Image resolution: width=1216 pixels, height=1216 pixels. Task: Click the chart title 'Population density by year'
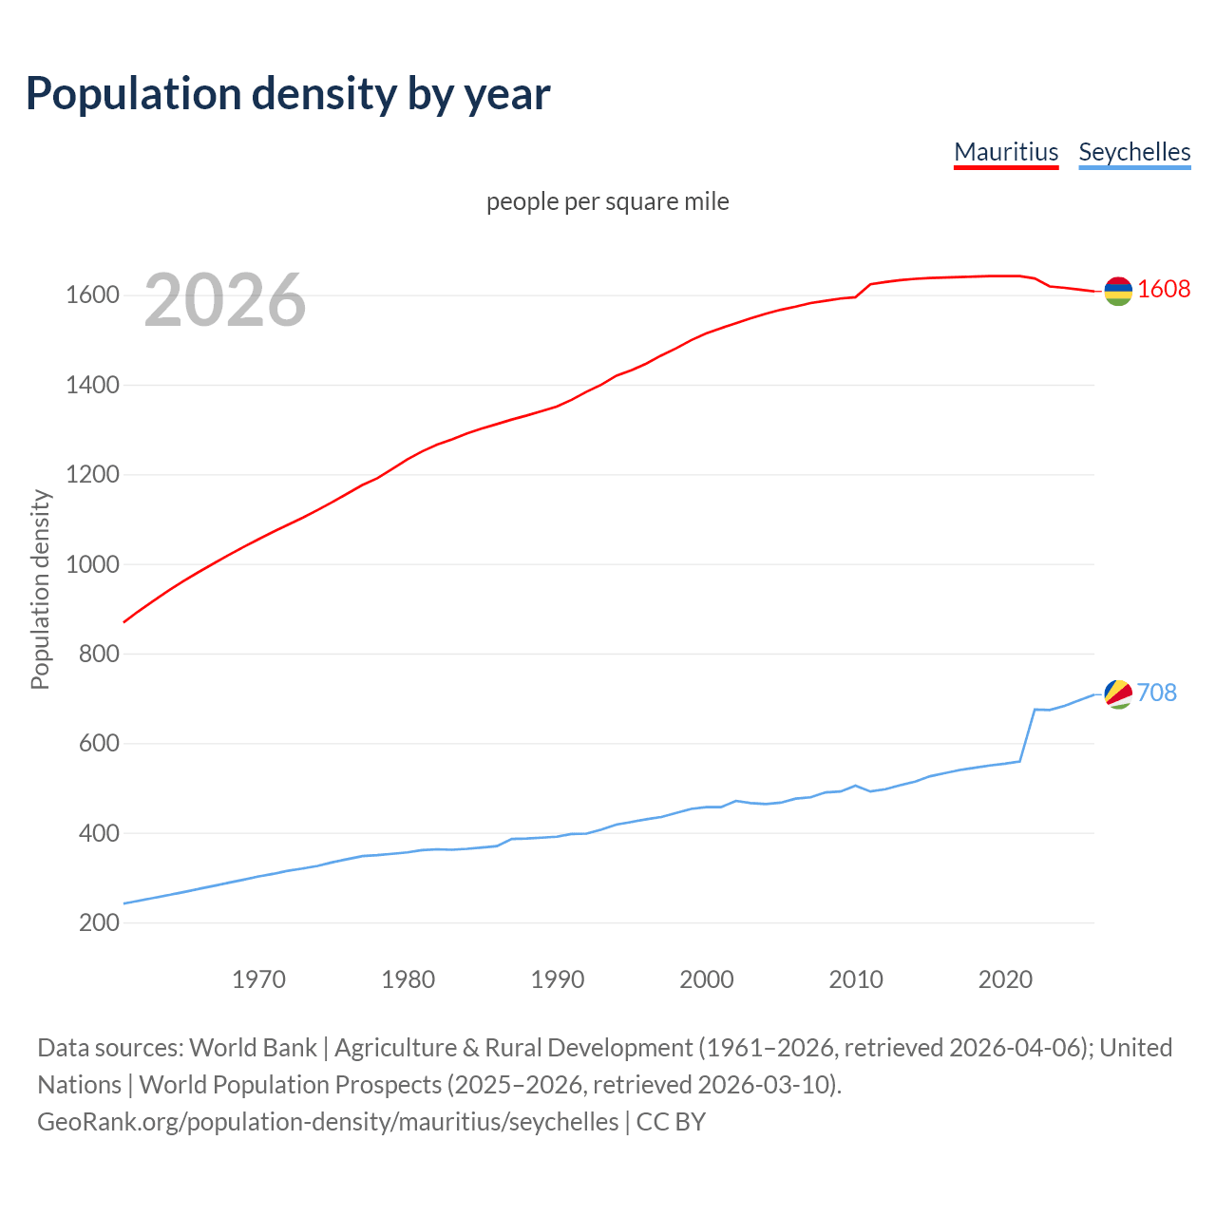[288, 93]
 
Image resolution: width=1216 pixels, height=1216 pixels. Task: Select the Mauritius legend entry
[1006, 152]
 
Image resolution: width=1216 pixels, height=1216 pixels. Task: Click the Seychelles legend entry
[1134, 152]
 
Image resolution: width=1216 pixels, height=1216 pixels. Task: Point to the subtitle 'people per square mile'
[608, 201]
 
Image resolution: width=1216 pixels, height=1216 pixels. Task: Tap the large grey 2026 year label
[225, 300]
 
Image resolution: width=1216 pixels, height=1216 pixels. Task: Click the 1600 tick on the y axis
[92, 295]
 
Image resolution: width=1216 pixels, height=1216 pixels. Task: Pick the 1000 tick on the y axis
[92, 564]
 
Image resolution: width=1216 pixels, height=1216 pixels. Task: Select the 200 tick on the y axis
[99, 922]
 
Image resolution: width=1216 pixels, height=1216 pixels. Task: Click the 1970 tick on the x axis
[258, 979]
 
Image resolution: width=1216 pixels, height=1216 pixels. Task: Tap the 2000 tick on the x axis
[707, 979]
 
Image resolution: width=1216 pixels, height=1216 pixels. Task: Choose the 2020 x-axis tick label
[1005, 979]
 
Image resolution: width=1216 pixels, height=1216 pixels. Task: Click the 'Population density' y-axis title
[40, 589]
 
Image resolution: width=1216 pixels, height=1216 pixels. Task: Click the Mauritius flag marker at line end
[1118, 291]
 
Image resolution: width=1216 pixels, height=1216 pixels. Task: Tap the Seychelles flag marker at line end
[1118, 693]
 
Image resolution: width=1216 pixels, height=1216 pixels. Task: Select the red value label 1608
[1164, 289]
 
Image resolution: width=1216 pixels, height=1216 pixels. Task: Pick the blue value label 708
[1156, 693]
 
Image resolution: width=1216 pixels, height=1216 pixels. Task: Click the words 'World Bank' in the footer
[253, 1048]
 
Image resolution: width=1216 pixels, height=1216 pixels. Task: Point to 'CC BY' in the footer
[671, 1122]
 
